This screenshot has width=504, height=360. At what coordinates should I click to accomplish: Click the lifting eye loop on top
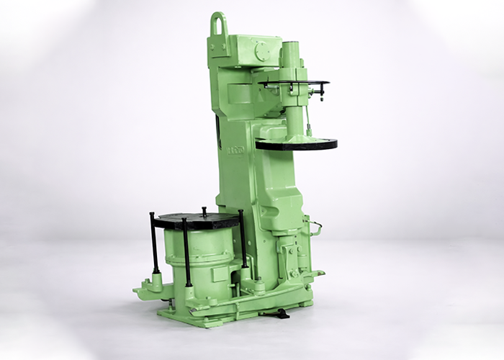pyautogui.click(x=219, y=24)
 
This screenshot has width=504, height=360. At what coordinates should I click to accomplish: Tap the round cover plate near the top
pyautogui.click(x=263, y=52)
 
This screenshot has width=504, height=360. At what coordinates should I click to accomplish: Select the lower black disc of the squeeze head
pyautogui.click(x=296, y=144)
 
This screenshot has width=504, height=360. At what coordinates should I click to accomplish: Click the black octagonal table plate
pyautogui.click(x=197, y=220)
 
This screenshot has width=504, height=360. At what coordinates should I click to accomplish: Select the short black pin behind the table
pyautogui.click(x=204, y=211)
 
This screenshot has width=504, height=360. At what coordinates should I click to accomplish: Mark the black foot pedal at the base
pyautogui.click(x=278, y=313)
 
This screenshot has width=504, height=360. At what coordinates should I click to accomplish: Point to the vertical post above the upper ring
pyautogui.click(x=292, y=61)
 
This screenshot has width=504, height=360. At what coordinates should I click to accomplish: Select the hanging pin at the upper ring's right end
pyautogui.click(x=322, y=91)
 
